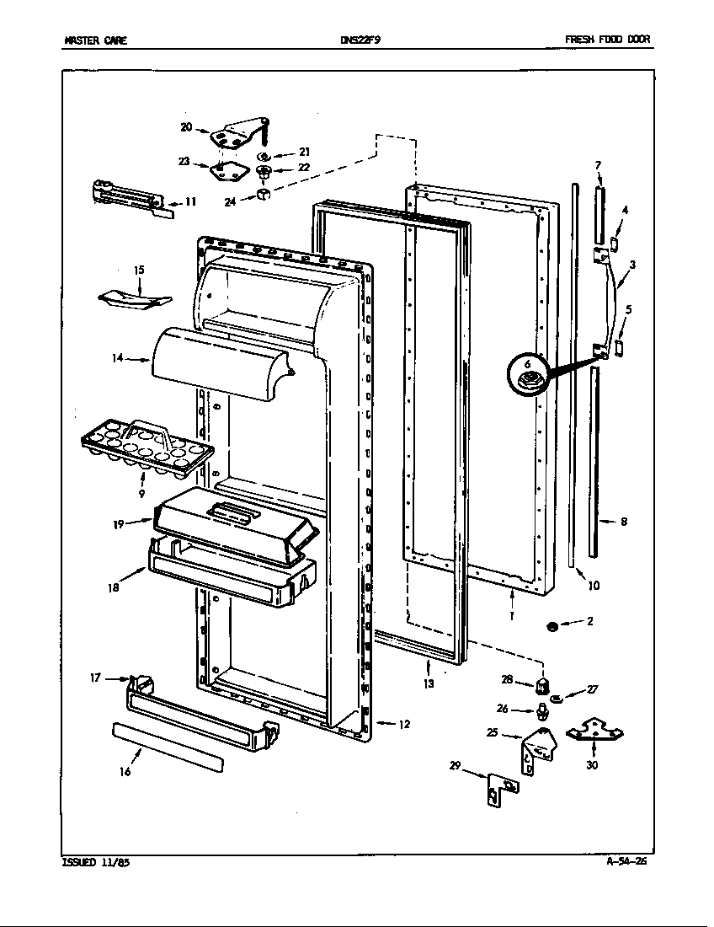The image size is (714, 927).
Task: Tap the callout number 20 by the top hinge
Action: point(187,126)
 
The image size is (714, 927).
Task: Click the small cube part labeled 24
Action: point(264,194)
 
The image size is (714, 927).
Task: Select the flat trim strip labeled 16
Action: point(168,747)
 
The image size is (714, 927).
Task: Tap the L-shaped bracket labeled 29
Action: point(501,790)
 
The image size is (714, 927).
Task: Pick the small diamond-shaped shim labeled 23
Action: point(224,170)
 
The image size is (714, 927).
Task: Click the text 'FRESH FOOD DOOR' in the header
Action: point(607,40)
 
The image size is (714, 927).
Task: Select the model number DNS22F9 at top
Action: point(356,40)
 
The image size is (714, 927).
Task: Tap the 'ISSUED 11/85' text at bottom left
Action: point(96,863)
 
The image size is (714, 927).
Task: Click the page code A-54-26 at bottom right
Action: point(626,861)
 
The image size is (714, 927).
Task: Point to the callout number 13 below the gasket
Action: point(429,683)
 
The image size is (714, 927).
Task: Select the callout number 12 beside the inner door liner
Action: point(403,724)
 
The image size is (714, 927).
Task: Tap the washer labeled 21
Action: point(265,157)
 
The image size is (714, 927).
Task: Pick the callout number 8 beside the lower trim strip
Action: point(624,522)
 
